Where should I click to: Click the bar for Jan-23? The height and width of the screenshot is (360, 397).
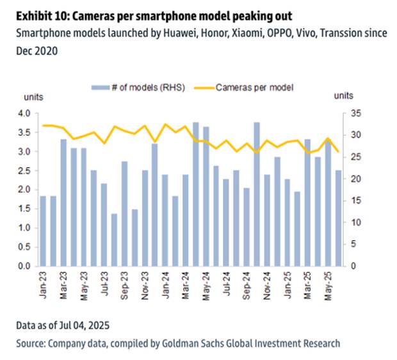click(44, 231)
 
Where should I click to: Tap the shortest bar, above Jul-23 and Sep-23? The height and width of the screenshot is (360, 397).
click(114, 240)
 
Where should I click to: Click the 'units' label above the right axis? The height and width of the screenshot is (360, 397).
click(343, 96)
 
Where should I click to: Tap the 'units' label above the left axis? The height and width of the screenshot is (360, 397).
click(34, 96)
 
